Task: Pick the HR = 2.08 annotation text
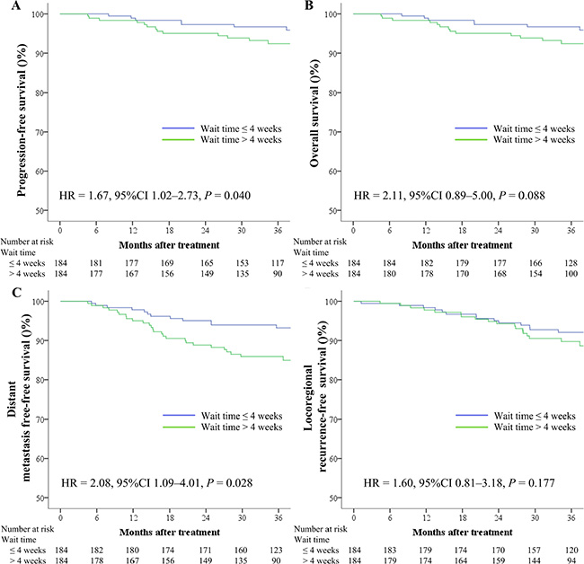(138, 484)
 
